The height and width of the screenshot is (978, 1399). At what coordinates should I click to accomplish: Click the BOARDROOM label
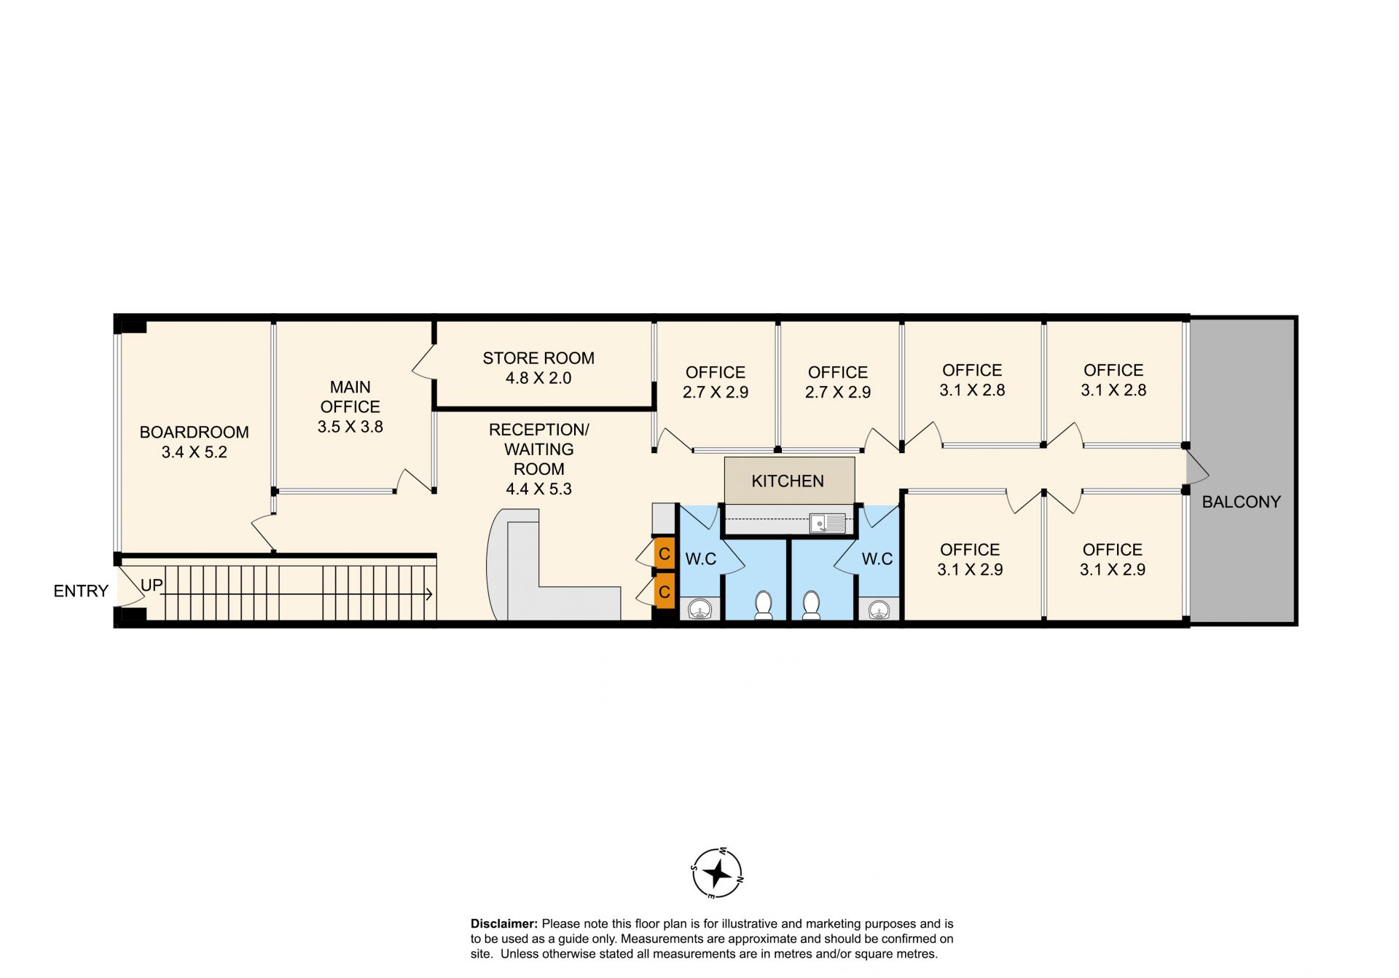(194, 432)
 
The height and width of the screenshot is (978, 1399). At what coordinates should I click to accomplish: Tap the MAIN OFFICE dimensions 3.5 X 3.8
(350, 427)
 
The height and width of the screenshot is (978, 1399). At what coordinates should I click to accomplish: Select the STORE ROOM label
(538, 358)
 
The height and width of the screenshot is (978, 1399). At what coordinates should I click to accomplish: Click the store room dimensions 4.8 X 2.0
(538, 378)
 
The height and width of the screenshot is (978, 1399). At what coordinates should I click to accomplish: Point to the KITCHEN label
(788, 481)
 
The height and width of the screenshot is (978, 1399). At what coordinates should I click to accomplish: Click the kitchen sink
(828, 523)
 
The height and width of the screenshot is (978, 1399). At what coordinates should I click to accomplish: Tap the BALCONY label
(1241, 502)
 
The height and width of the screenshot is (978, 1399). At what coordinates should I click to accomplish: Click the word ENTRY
(81, 591)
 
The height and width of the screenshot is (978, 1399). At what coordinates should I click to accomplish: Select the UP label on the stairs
(152, 585)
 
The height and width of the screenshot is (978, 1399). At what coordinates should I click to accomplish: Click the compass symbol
(717, 872)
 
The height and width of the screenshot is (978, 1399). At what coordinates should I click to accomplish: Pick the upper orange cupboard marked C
(664, 554)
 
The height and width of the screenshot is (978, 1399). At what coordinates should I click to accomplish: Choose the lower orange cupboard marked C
(664, 592)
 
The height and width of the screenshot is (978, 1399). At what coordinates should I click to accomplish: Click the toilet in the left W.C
(763, 606)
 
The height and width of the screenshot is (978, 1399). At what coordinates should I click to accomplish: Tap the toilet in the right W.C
(811, 606)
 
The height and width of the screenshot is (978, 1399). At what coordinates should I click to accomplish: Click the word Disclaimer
(504, 924)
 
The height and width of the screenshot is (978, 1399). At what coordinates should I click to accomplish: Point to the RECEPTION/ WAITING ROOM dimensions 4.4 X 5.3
(538, 489)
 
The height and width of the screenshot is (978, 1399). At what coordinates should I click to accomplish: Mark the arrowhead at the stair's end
(429, 594)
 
